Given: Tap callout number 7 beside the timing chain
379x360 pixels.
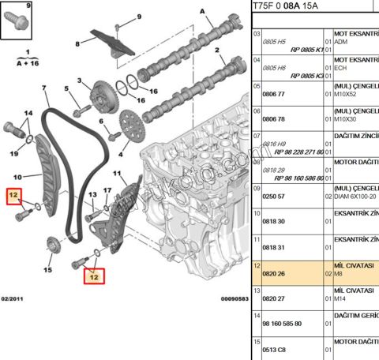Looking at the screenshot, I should [x=44, y=88].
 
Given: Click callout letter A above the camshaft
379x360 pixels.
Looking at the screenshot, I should [x=201, y=13].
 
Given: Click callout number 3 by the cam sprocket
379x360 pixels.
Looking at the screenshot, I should [x=80, y=80].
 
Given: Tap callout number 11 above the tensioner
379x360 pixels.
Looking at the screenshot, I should [x=119, y=174].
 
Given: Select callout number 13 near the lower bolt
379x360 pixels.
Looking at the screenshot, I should [x=92, y=193].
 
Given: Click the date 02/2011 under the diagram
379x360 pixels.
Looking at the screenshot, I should [x=14, y=298].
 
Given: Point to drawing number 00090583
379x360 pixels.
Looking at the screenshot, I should [x=234, y=298].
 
